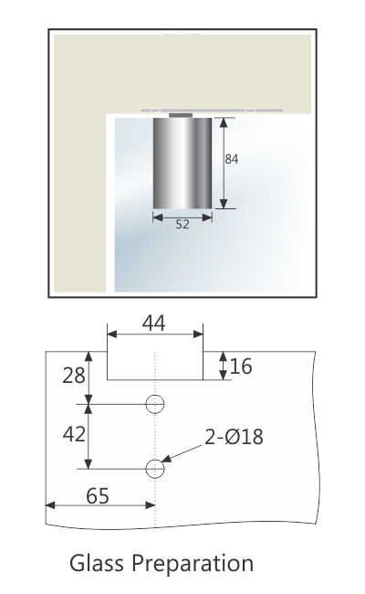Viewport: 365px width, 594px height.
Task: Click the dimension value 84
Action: (232, 159)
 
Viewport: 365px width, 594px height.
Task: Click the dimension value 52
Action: (182, 225)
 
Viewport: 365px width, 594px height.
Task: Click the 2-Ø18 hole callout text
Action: (234, 437)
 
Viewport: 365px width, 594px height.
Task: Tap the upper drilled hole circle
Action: (155, 404)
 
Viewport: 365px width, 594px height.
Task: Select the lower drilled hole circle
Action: (155, 469)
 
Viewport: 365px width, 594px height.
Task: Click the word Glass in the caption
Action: (99, 563)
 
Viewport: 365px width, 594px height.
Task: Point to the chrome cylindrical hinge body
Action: (182, 162)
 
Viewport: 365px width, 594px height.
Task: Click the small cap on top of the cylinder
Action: (181, 115)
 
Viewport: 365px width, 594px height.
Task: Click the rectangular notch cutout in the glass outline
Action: (155, 365)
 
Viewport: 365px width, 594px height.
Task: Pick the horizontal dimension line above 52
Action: (182, 217)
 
